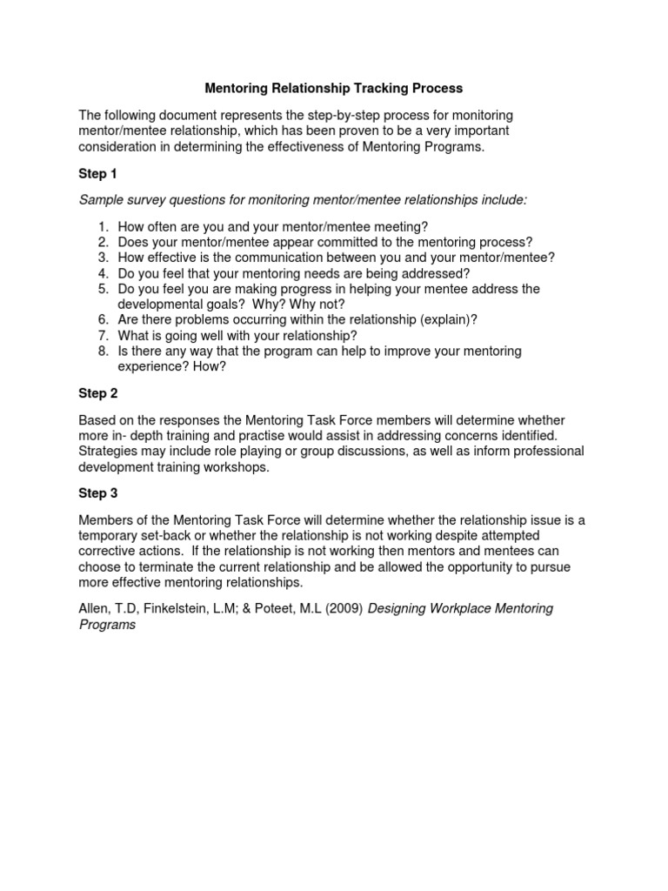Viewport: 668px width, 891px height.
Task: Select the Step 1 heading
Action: [x=98, y=173]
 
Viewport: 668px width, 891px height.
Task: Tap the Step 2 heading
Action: [x=98, y=393]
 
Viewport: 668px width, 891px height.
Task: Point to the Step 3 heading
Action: [x=98, y=493]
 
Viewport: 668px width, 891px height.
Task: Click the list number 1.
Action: [x=102, y=226]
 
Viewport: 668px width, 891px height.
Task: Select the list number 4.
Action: [x=102, y=273]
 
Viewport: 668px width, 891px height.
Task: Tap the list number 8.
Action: [x=102, y=352]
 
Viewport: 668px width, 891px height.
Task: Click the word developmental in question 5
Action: [x=159, y=305]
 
